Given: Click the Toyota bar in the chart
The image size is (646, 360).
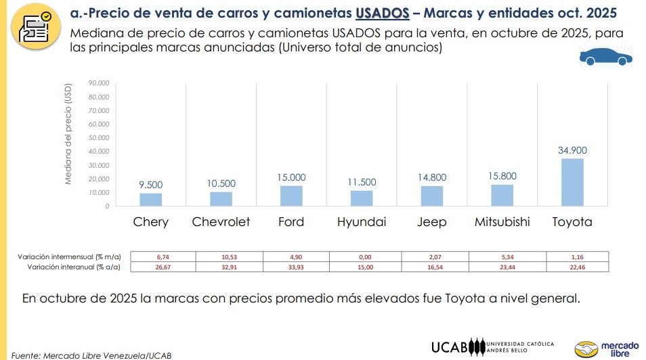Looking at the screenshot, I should point(572,182).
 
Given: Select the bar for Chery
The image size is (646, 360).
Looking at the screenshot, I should point(151,200).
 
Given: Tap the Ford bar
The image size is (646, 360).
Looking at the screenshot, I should point(291,196).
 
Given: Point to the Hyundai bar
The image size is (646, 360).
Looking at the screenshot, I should point(362,198).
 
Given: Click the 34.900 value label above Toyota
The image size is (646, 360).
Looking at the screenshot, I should point(572,150).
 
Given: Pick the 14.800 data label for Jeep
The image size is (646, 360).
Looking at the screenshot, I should point(432,177).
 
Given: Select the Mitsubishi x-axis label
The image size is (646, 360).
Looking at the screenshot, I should point(502,222).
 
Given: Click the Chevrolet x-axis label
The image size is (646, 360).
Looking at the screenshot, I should point(221,222).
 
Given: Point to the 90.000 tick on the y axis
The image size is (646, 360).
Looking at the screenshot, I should point(98,83).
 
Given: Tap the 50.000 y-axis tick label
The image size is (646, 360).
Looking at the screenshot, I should point(98,138).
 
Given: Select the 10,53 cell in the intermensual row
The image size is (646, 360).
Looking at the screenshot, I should point(230,257).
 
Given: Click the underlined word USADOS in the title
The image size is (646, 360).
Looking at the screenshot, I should point(382,13).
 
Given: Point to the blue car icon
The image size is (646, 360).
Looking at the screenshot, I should point(605,58).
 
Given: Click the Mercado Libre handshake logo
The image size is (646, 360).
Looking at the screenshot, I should point(586,349).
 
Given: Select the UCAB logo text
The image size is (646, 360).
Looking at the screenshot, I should point(450,347).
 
